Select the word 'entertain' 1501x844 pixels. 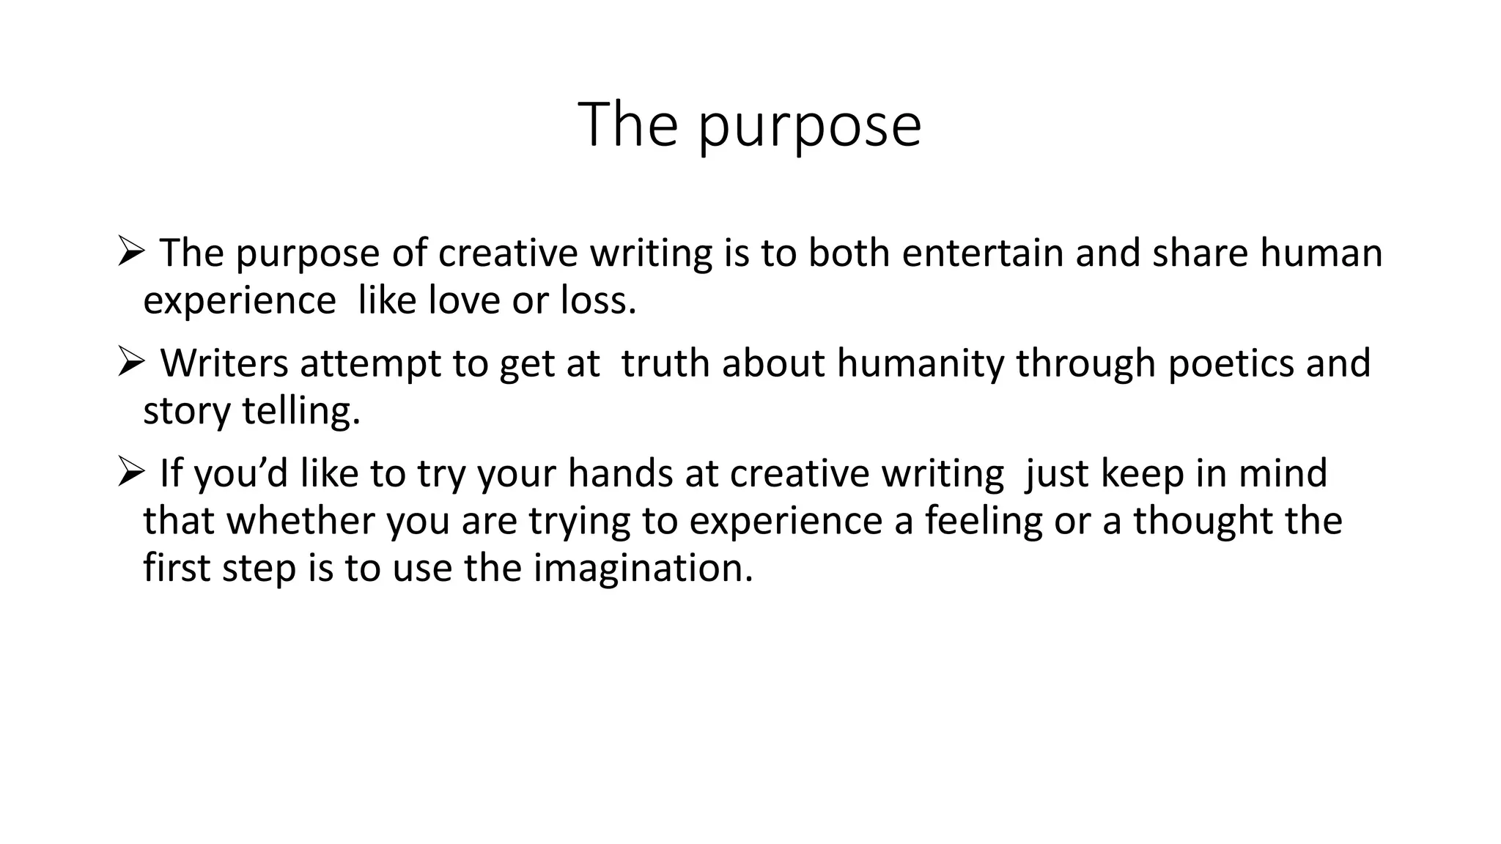982,253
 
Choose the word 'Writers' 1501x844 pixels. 224,363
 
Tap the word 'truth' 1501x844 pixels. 665,363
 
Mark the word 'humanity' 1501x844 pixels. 920,364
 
